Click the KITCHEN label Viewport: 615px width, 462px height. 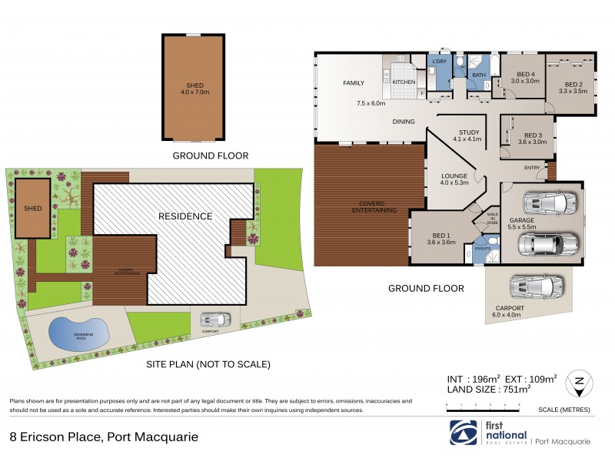coord(404,82)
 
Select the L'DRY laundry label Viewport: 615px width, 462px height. coord(440,62)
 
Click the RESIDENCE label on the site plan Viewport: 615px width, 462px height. coord(185,216)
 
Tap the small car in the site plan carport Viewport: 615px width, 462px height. coord(214,319)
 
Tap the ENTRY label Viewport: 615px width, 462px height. coord(532,167)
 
